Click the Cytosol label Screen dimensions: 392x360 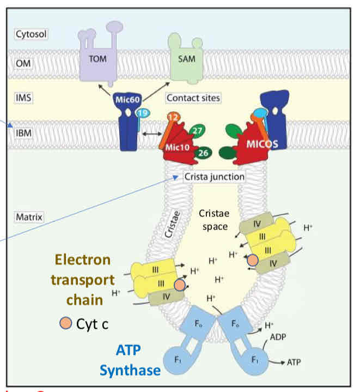tap(31, 34)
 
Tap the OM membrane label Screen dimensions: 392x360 tap(25, 63)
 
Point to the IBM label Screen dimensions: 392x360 tap(25, 132)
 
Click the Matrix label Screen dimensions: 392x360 tap(29, 216)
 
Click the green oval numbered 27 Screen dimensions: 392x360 tap(198, 130)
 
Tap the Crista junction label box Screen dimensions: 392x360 tap(213, 176)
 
